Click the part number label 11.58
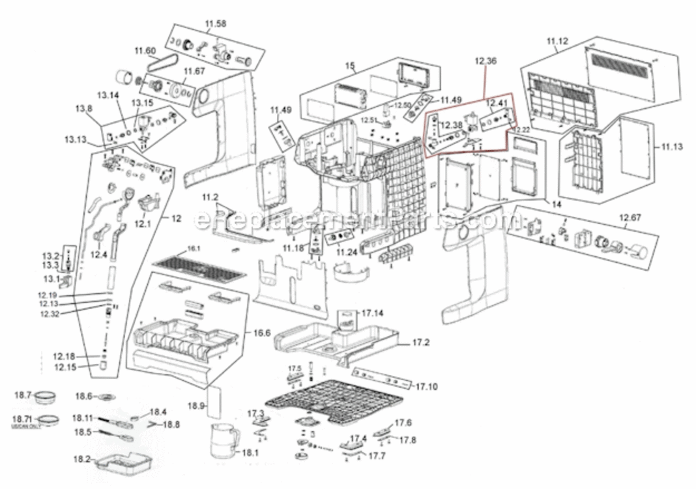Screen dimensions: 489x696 tap(216, 24)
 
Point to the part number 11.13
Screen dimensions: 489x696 tap(671, 147)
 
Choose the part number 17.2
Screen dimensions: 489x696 tap(420, 342)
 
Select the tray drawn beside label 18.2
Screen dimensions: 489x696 tap(124, 466)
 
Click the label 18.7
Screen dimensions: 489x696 tap(23, 395)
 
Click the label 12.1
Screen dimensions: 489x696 tap(143, 223)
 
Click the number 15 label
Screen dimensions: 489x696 tap(350, 66)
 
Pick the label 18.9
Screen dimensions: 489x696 tap(196, 406)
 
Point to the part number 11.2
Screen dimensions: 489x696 tap(210, 196)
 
